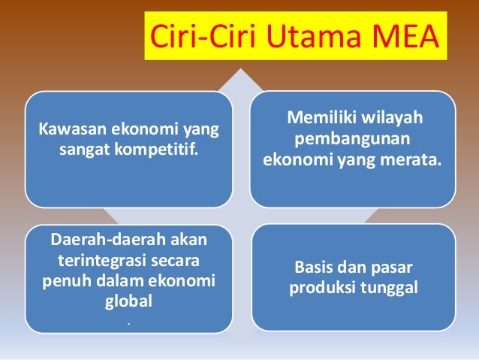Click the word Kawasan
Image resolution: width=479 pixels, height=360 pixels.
tap(73, 129)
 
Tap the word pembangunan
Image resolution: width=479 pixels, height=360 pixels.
tap(352, 139)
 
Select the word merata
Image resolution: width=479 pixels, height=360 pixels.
tap(414, 159)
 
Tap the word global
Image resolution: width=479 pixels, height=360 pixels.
tap(128, 301)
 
